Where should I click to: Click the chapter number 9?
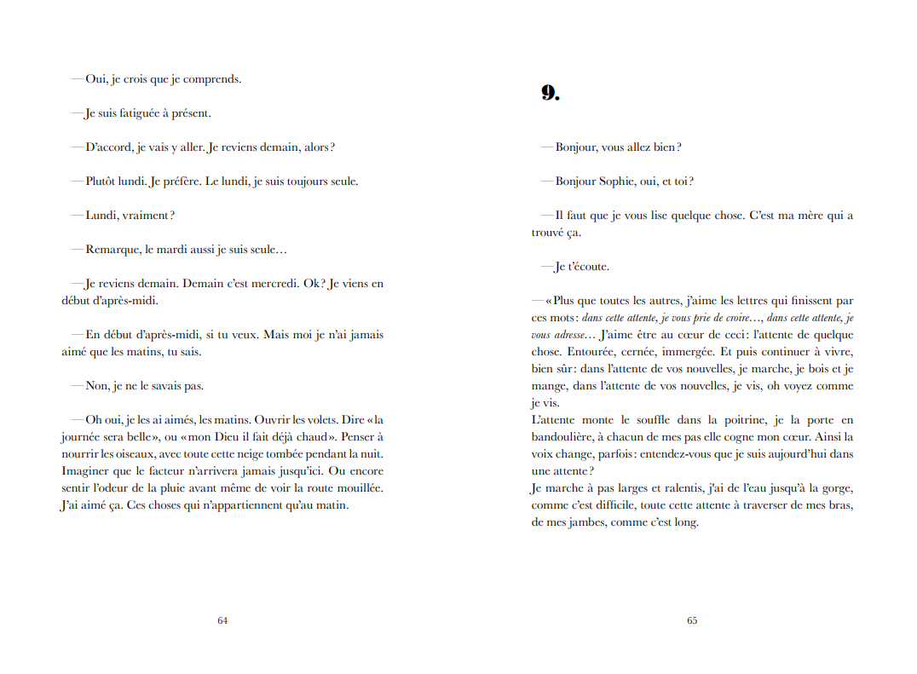click(550, 94)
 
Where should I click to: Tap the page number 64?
click(222, 620)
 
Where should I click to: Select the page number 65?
click(692, 620)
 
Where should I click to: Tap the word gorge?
click(834, 488)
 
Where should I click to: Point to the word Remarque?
click(113, 250)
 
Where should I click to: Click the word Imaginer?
click(86, 471)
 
